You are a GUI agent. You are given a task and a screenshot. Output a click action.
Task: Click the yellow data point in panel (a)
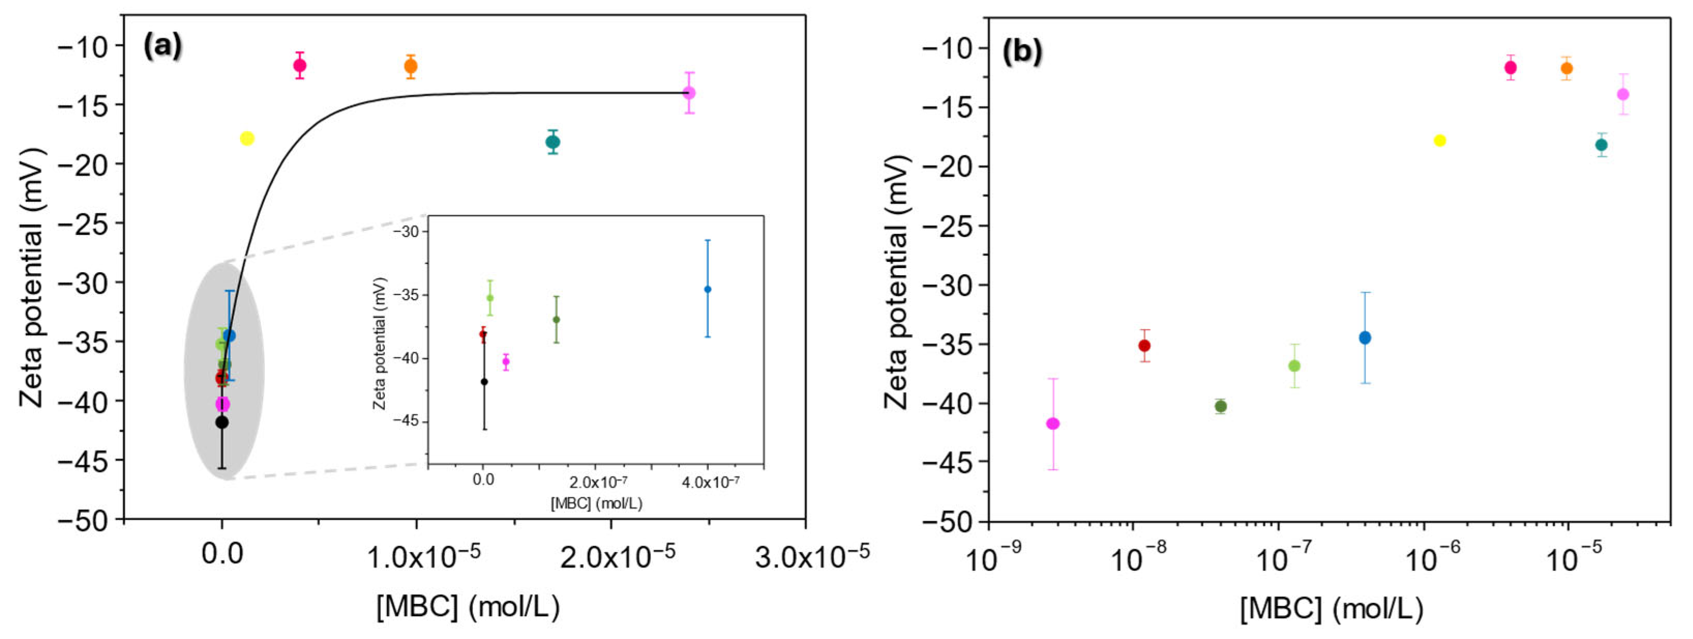(x=247, y=138)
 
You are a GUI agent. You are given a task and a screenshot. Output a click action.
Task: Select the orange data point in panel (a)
(x=411, y=66)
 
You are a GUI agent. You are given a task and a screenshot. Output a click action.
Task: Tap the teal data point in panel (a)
(x=553, y=142)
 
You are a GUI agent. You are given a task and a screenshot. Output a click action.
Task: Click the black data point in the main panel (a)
(x=222, y=422)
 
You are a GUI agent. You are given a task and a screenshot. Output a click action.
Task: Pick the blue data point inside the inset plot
(x=707, y=289)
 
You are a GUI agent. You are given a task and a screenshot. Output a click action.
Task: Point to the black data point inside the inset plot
(x=484, y=381)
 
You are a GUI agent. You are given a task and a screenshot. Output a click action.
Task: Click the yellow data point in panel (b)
(x=1440, y=141)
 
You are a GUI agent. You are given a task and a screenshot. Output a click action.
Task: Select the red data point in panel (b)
(x=1144, y=345)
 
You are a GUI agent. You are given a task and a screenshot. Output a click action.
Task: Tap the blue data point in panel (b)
(x=1365, y=337)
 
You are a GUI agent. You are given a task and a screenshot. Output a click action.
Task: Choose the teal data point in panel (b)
(x=1601, y=145)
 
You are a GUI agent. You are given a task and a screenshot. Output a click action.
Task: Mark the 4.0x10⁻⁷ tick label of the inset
(x=710, y=483)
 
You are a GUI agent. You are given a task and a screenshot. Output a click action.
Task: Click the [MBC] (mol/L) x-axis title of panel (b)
(x=1331, y=610)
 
